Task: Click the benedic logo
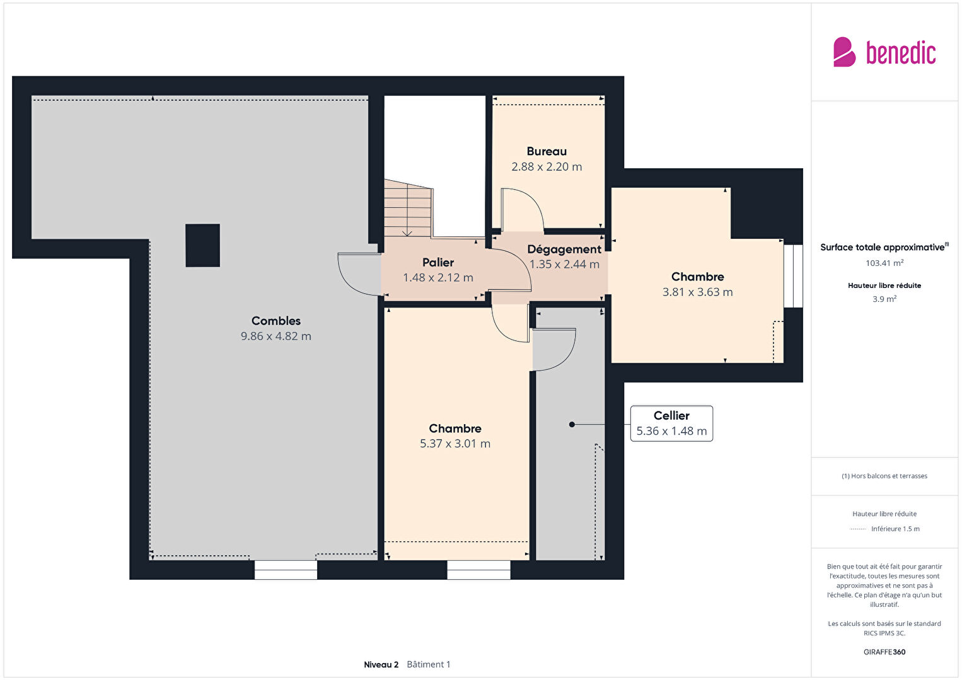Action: point(884,52)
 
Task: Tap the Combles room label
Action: point(275,321)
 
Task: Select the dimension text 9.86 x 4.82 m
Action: point(275,336)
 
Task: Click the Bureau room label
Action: point(547,151)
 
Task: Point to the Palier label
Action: point(438,262)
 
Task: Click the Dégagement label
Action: point(564,250)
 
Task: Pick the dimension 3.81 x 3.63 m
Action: point(697,292)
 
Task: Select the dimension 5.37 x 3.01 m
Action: point(455,444)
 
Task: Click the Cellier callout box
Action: point(671,424)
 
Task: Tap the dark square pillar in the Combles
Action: point(203,245)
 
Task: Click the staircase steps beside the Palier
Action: point(408,208)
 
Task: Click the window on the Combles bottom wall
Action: point(286,570)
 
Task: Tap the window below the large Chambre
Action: point(479,570)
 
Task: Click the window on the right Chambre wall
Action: point(793,276)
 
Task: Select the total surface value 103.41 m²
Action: point(884,263)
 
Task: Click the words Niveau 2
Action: point(381,664)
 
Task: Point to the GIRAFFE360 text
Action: point(884,652)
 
